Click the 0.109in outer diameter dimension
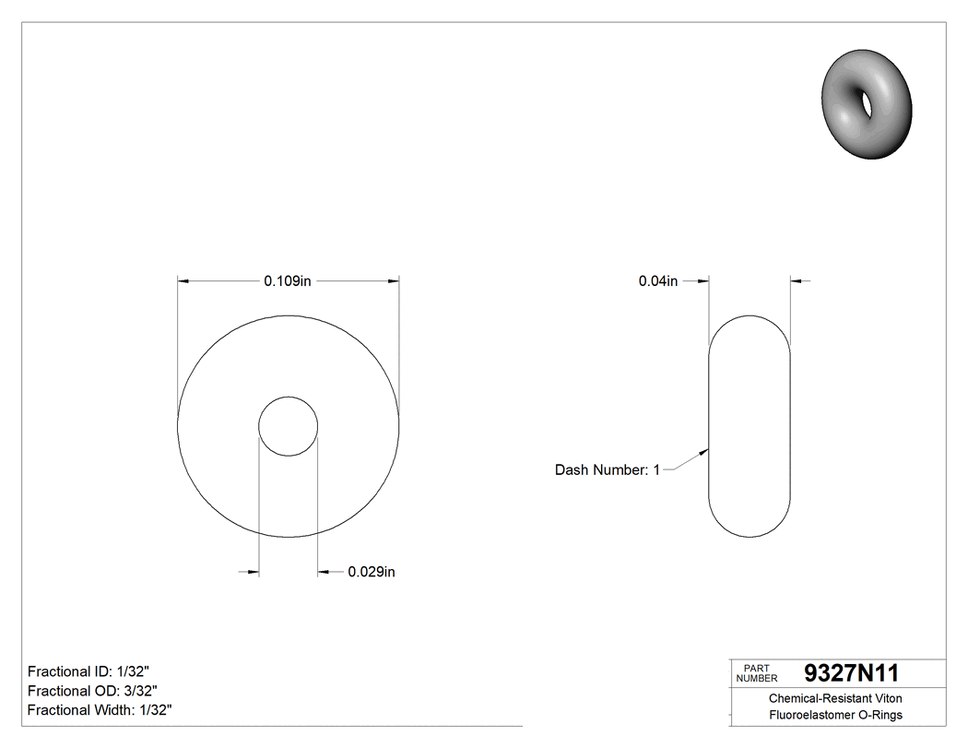(x=288, y=281)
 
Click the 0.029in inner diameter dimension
(x=372, y=573)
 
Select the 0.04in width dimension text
(x=658, y=281)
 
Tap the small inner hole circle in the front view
(x=289, y=426)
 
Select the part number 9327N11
(x=851, y=672)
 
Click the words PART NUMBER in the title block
(x=757, y=673)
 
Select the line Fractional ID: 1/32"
(x=88, y=671)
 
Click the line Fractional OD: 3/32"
(x=92, y=691)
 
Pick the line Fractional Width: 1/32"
(x=100, y=710)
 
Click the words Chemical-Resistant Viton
(x=835, y=699)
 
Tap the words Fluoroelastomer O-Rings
(x=835, y=715)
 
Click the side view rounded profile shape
(x=750, y=426)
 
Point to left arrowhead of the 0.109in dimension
(x=183, y=281)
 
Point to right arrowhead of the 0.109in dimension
(x=394, y=281)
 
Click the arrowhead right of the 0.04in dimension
(x=797, y=281)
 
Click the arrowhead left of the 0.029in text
(x=324, y=573)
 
